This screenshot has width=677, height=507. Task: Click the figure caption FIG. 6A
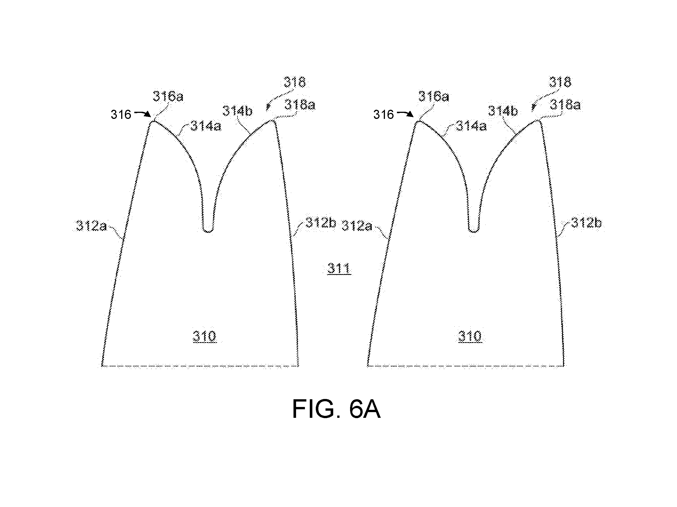tap(336, 409)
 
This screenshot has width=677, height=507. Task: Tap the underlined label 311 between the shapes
tap(339, 269)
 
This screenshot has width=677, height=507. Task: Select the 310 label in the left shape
tap(204, 336)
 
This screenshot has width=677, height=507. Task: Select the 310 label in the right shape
tap(470, 336)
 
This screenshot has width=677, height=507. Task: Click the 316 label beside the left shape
tap(121, 115)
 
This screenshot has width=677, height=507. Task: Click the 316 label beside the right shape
tap(384, 115)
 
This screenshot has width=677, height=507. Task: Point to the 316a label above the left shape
tap(168, 96)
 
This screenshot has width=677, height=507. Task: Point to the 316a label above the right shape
tap(434, 96)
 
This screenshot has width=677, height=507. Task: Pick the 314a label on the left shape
tap(206, 126)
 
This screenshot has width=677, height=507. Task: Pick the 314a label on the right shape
tap(471, 126)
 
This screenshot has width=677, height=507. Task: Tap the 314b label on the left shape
tap(237, 111)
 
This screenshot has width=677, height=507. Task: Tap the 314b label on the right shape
tap(503, 111)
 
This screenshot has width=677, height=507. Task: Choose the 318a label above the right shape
tap(565, 105)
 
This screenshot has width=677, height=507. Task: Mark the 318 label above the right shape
tap(560, 82)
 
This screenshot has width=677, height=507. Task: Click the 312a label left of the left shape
tap(91, 226)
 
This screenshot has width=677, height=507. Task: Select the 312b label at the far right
tap(586, 223)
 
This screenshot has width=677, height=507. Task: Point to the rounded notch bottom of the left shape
tap(208, 231)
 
